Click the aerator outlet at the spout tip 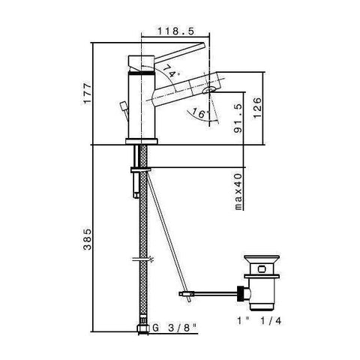211,90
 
